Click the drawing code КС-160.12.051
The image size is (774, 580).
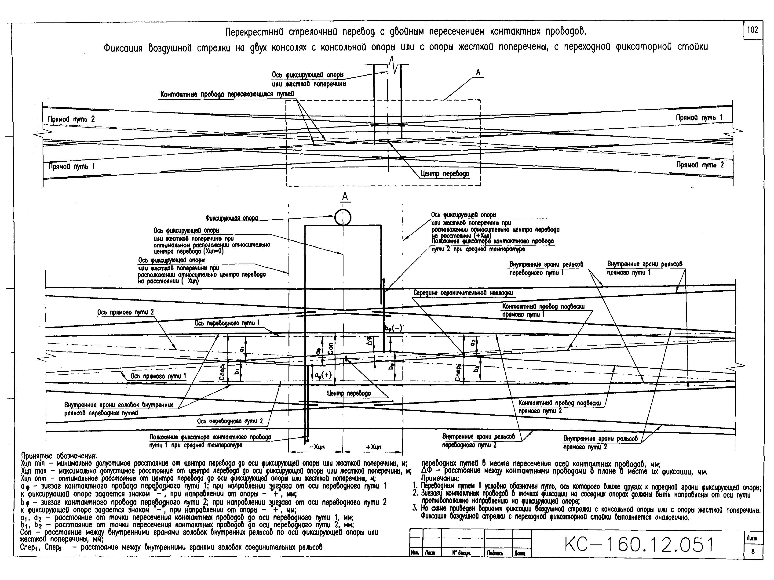click(x=639, y=545)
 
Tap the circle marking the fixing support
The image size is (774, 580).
click(x=343, y=217)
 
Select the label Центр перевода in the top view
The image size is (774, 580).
click(x=445, y=174)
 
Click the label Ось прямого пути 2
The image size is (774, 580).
click(x=125, y=312)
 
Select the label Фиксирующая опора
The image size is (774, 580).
click(x=231, y=218)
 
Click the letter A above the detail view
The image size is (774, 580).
click(x=345, y=197)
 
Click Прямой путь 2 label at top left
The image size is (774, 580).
click(x=71, y=119)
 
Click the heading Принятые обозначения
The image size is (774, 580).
click(x=59, y=456)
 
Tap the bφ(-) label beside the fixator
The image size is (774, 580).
click(x=393, y=328)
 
